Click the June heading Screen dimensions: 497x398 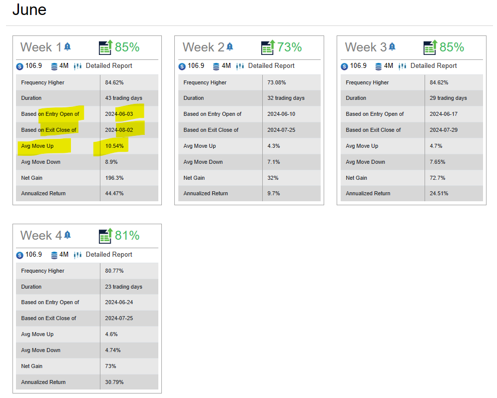29,10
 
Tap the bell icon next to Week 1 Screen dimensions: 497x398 67,47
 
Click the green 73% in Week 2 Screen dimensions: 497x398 289,47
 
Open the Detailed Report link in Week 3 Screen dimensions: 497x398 434,65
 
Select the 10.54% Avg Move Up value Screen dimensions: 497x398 114,146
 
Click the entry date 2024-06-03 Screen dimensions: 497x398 119,114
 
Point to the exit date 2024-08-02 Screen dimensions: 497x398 119,130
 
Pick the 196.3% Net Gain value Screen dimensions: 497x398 114,178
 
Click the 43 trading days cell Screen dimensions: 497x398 123,98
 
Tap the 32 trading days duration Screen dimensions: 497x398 286,98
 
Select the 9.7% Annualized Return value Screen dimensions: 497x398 274,193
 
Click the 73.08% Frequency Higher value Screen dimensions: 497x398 277,82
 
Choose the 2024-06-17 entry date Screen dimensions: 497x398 444,114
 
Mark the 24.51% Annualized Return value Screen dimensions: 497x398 439,193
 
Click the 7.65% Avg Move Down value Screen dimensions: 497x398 438,162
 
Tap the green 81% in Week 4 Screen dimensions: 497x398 127,235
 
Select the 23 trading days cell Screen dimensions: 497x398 123,287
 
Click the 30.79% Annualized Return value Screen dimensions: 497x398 114,382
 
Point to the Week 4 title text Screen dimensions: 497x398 41,235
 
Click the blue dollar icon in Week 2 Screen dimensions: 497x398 182,66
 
